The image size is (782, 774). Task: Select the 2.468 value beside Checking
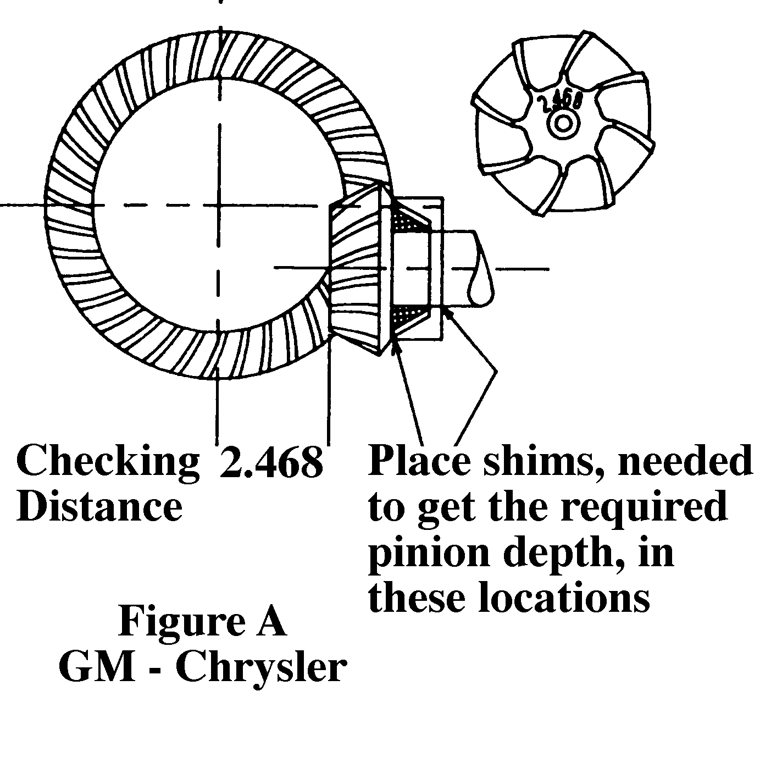(x=271, y=461)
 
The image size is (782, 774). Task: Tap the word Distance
(x=99, y=506)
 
